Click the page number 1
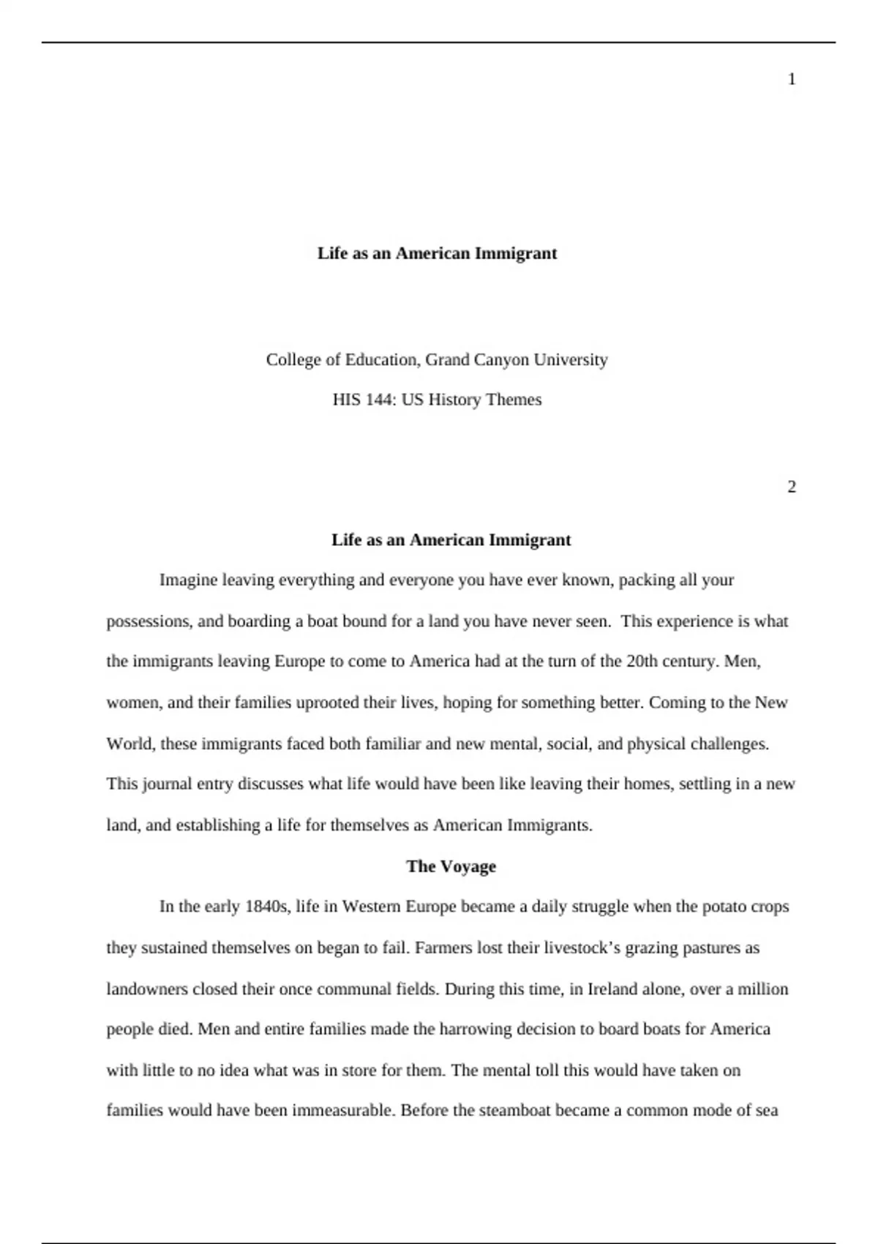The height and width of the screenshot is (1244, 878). coord(792,80)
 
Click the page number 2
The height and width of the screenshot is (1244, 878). coord(792,487)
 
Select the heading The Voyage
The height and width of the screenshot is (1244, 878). coord(451,866)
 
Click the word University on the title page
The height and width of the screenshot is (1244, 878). coord(571,360)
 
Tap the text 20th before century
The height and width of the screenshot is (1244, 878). coord(643,662)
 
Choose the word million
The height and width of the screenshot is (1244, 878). coord(762,989)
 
